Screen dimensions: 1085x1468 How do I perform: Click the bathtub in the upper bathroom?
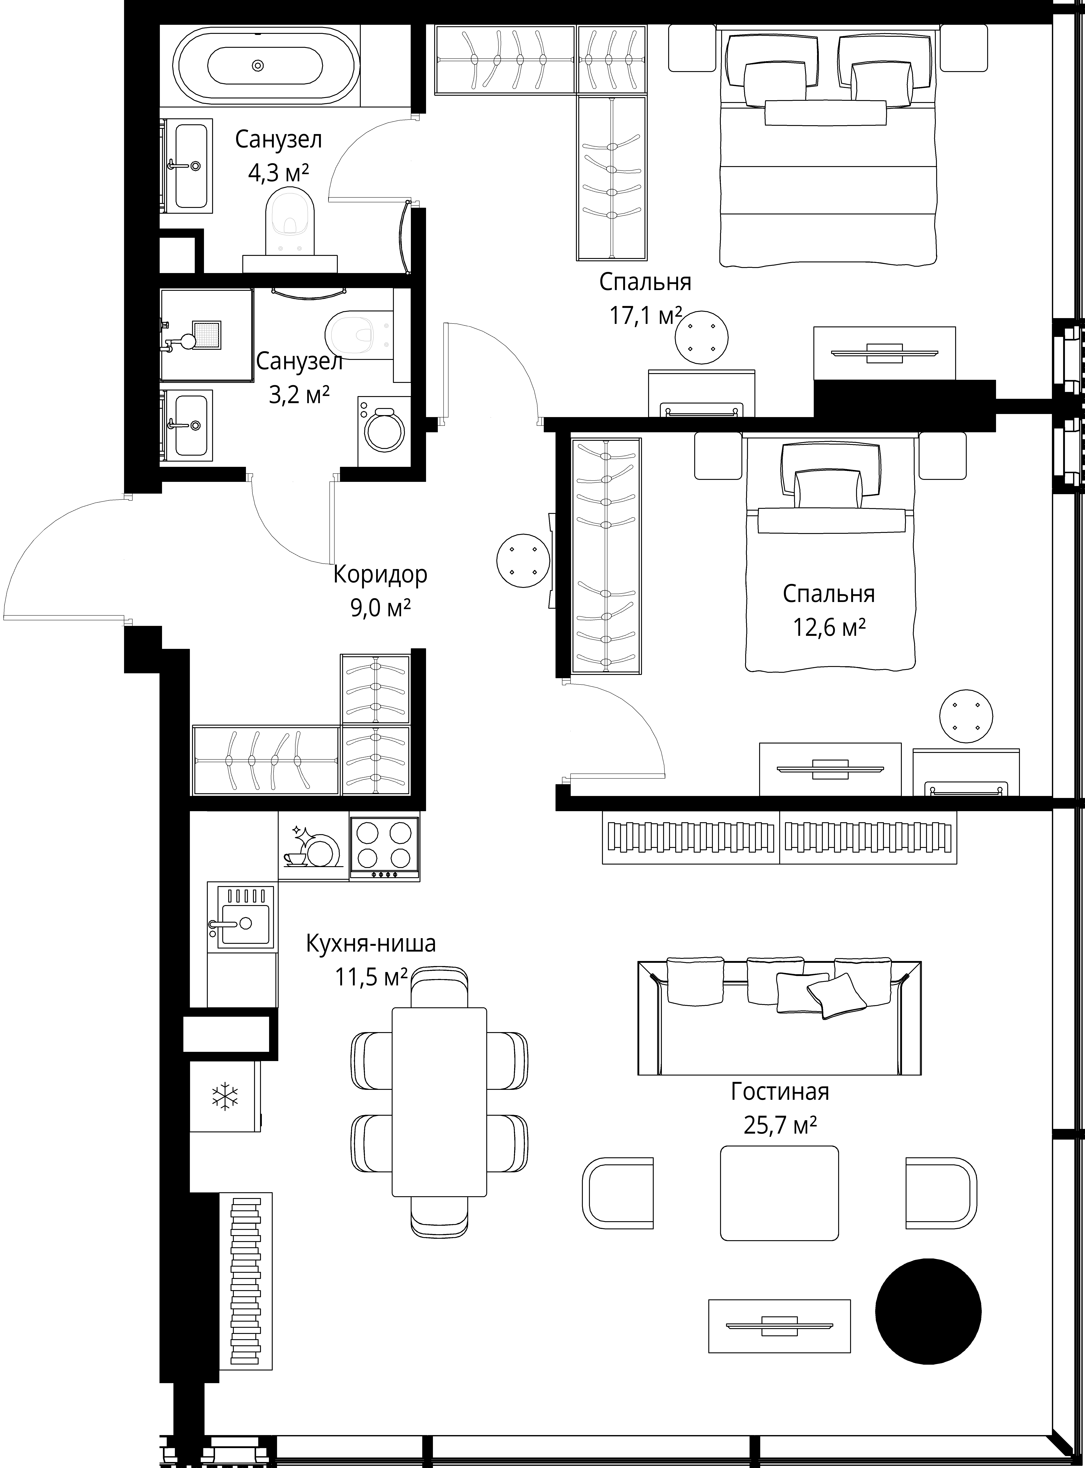(x=265, y=66)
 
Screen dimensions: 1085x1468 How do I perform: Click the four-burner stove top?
(x=384, y=848)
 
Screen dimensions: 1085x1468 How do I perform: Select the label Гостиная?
(x=780, y=1091)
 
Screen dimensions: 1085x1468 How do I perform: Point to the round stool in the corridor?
(x=524, y=561)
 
